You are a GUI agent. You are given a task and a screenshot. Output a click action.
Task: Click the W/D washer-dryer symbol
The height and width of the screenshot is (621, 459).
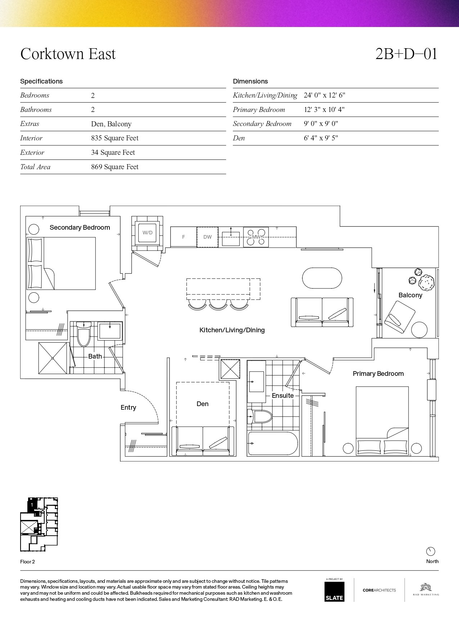(147, 232)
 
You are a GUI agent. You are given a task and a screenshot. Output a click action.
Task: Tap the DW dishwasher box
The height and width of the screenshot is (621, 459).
(207, 237)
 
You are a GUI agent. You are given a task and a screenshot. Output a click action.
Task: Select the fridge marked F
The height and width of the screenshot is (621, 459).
(184, 237)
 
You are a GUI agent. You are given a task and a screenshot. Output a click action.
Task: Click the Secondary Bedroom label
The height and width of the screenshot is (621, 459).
(80, 228)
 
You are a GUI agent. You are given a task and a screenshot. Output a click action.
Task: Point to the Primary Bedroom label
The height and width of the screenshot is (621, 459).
(378, 374)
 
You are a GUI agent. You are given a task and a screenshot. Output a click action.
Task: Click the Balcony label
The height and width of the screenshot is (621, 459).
(410, 295)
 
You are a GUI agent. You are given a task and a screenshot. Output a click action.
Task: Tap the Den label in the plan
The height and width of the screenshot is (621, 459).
(202, 404)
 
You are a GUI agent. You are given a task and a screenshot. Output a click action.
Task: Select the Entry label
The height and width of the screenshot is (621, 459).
(128, 408)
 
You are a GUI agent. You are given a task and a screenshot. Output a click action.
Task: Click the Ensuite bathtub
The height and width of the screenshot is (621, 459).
(273, 444)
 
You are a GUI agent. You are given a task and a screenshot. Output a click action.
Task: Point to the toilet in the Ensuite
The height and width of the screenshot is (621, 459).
(259, 417)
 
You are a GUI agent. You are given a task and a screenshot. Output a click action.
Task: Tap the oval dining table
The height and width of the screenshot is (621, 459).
(322, 278)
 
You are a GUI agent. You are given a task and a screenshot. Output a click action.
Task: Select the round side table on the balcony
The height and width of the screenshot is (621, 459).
(419, 330)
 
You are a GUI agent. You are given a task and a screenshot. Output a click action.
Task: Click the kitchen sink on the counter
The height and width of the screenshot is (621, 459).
(231, 237)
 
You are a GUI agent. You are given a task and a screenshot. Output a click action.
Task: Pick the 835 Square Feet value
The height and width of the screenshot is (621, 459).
(114, 138)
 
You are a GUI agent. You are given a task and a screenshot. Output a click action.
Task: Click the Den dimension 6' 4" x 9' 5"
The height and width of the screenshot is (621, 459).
(321, 138)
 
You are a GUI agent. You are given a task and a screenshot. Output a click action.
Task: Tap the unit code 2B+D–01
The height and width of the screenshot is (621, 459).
(406, 54)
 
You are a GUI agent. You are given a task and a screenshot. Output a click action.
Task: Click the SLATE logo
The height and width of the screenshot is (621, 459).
(334, 591)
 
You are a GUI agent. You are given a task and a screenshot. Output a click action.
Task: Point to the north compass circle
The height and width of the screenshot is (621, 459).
(431, 551)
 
